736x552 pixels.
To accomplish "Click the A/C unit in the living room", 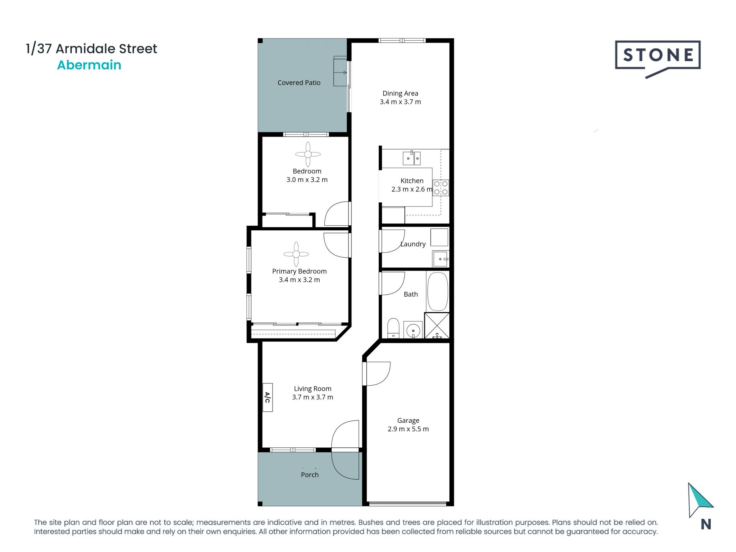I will pyautogui.click(x=267, y=398).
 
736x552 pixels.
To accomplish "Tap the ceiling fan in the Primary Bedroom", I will pyautogui.click(x=296, y=254).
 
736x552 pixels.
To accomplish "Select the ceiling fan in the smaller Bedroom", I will pyautogui.click(x=308, y=154).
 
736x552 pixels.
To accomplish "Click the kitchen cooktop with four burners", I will pyautogui.click(x=441, y=188).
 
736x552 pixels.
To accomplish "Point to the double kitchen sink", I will pyautogui.click(x=412, y=158).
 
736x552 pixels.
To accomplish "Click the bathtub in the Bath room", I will pyautogui.click(x=437, y=291).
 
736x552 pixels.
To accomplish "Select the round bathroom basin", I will pyautogui.click(x=413, y=330).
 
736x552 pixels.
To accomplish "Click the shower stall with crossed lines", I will pyautogui.click(x=437, y=325).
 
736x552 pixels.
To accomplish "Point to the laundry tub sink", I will pyautogui.click(x=440, y=259).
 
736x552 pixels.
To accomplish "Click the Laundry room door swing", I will pyautogui.click(x=393, y=241).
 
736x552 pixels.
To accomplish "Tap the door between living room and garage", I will pyautogui.click(x=378, y=374).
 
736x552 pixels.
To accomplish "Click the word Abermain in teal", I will pyautogui.click(x=89, y=65).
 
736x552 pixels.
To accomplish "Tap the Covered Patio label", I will pyautogui.click(x=299, y=83).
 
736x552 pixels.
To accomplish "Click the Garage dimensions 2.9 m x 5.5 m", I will pyautogui.click(x=408, y=429).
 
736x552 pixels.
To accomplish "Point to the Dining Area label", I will pyautogui.click(x=400, y=94).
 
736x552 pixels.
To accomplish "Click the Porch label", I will pyautogui.click(x=310, y=475).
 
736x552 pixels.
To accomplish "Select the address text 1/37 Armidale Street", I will pyautogui.click(x=91, y=49).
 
